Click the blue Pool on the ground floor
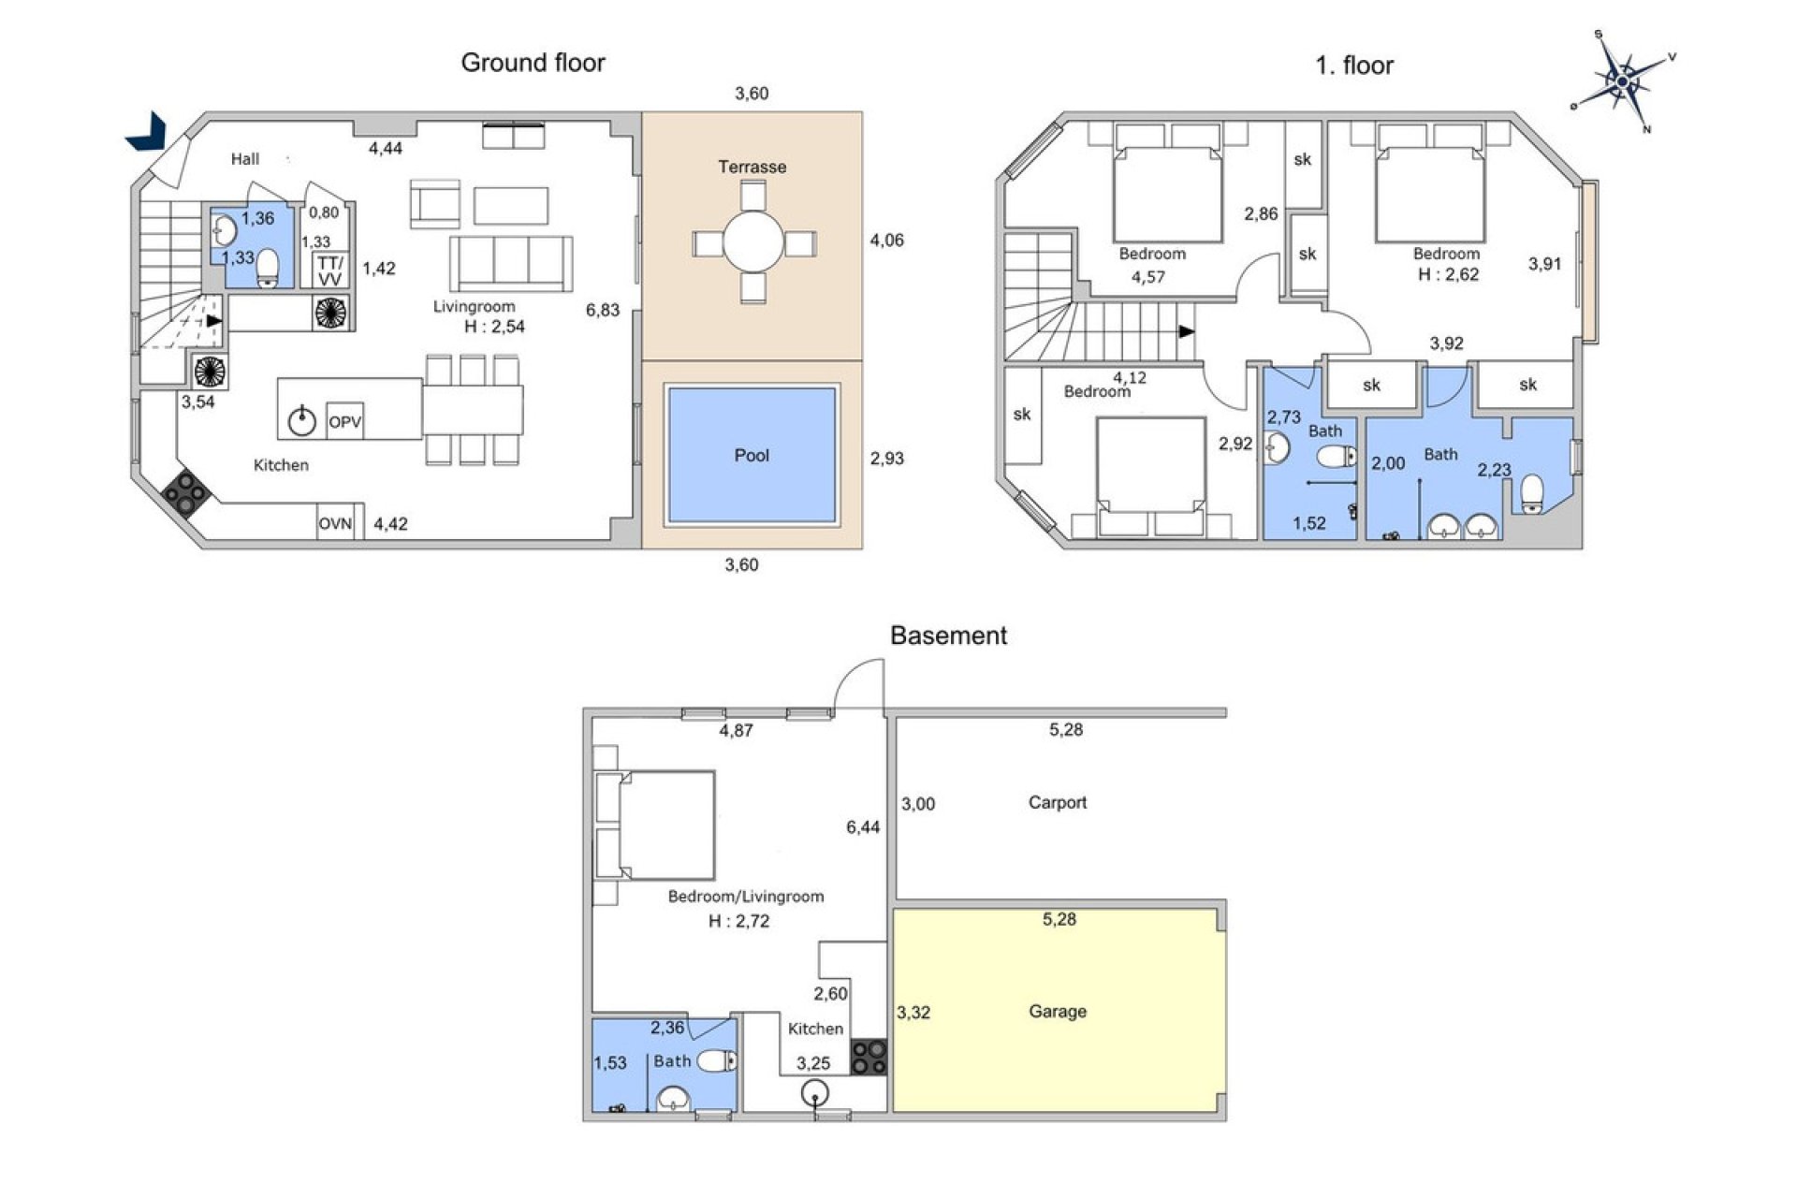[x=751, y=455]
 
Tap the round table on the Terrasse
[x=752, y=241]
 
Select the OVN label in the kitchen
[x=335, y=523]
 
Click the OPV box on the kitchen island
[x=344, y=421]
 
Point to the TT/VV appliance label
[x=329, y=271]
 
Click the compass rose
[x=1622, y=82]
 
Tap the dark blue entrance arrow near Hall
[x=147, y=131]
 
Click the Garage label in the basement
[x=1057, y=1011]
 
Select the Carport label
[x=1057, y=802]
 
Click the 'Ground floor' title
[x=533, y=63]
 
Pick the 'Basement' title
[x=947, y=636]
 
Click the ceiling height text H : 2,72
[x=738, y=921]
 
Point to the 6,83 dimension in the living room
[x=603, y=310]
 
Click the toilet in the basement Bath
[x=717, y=1060]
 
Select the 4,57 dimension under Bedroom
[x=1147, y=277]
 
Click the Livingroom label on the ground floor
[x=474, y=306]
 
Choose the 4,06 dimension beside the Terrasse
[x=886, y=241]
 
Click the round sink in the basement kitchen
[x=815, y=1093]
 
